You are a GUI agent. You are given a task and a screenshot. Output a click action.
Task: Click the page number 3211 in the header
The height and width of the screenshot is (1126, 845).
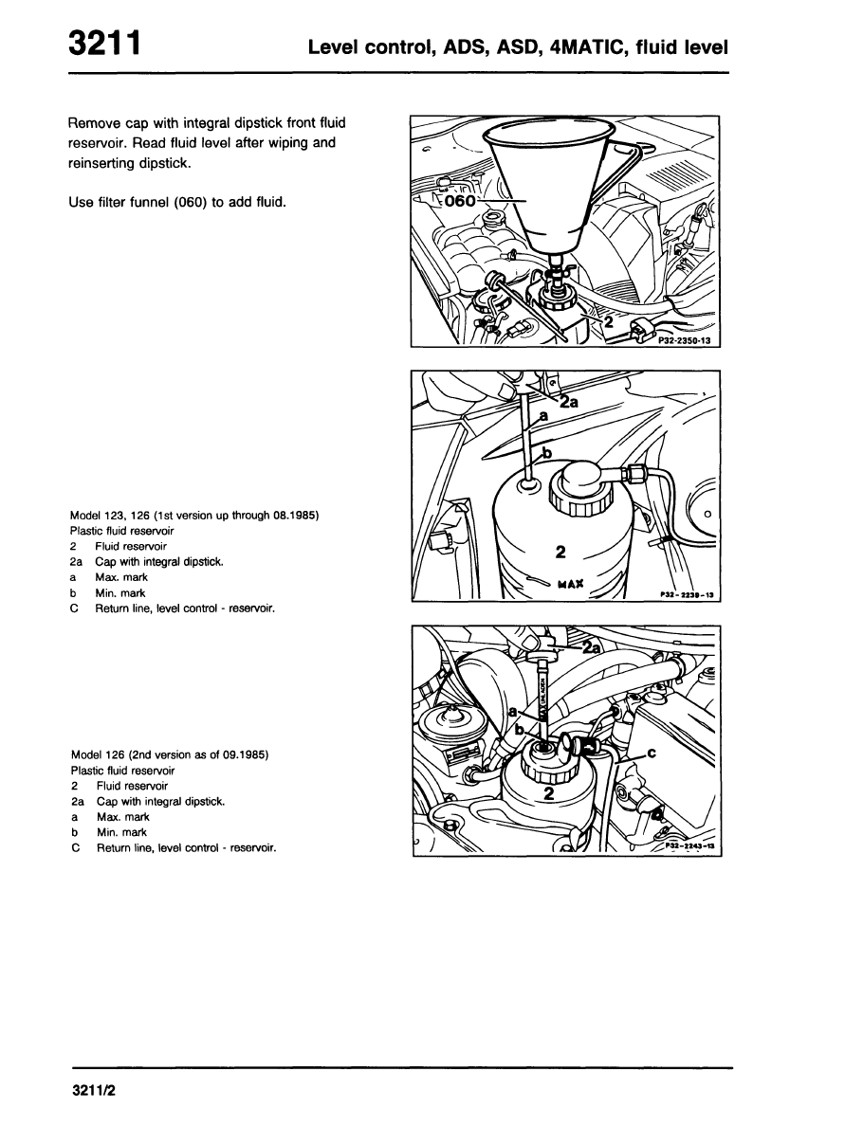(x=105, y=45)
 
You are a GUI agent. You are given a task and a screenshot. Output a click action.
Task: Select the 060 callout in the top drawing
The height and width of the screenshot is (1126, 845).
(x=459, y=201)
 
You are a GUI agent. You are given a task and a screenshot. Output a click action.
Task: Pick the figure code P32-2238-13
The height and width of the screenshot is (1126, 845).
(x=686, y=594)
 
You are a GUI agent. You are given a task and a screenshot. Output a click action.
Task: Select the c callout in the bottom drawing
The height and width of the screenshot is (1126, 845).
(x=651, y=754)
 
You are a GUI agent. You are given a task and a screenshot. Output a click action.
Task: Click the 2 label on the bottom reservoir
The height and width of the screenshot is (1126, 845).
(x=549, y=792)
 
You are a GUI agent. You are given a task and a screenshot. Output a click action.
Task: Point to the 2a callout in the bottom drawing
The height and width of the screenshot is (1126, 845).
(x=592, y=648)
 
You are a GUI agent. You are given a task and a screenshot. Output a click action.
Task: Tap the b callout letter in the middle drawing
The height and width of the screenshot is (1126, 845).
(x=548, y=453)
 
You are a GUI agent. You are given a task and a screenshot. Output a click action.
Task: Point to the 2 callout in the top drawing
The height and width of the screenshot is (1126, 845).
(x=611, y=322)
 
